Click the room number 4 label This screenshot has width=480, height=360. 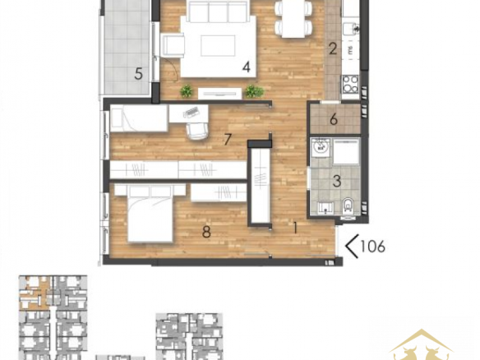[247, 67]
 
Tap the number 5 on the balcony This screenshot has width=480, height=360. [139, 74]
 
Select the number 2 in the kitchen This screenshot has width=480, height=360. [333, 49]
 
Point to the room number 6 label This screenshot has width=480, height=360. [334, 119]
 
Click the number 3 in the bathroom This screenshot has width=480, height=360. [337, 181]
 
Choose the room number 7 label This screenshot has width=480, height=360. [227, 140]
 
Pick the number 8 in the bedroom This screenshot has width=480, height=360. [206, 232]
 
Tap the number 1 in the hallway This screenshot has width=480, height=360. [295, 228]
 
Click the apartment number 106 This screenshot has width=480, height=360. [372, 246]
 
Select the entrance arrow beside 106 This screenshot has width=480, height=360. [352, 246]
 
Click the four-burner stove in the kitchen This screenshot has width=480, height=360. [350, 84]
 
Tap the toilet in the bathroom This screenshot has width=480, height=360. [348, 205]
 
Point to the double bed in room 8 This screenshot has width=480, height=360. [150, 214]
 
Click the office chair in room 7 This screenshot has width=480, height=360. [196, 131]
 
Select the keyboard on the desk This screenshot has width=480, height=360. [191, 112]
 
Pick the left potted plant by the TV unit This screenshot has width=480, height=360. [186, 91]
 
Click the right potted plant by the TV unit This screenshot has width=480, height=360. [254, 91]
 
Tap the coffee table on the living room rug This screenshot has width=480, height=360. [218, 45]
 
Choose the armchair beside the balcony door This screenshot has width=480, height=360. [173, 45]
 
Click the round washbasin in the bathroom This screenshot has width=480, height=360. [321, 147]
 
